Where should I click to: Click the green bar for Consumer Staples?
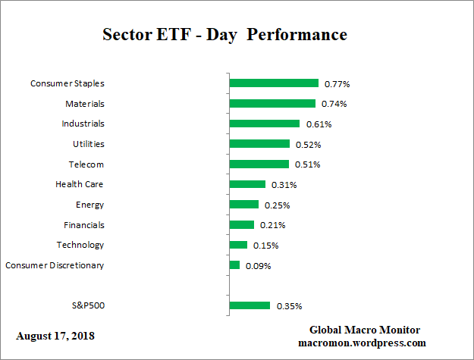tap(274, 83)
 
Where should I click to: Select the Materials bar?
tap(272, 103)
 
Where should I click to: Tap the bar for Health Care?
tap(247, 184)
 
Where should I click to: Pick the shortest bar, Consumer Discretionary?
tap(234, 265)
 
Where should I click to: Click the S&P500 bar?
tap(250, 305)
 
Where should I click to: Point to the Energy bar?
tap(243, 205)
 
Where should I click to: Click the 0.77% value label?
tap(337, 83)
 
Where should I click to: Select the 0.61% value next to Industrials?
tap(318, 124)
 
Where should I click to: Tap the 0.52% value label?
tap(308, 144)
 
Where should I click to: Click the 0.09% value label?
tap(258, 266)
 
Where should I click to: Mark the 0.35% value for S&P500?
tap(289, 306)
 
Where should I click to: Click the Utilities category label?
tap(83, 144)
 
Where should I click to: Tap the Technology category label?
tap(80, 245)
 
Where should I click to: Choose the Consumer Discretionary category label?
tap(55, 265)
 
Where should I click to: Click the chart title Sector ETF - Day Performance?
tap(224, 35)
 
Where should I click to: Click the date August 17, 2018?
tap(55, 335)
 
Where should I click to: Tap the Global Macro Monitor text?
tap(364, 330)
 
